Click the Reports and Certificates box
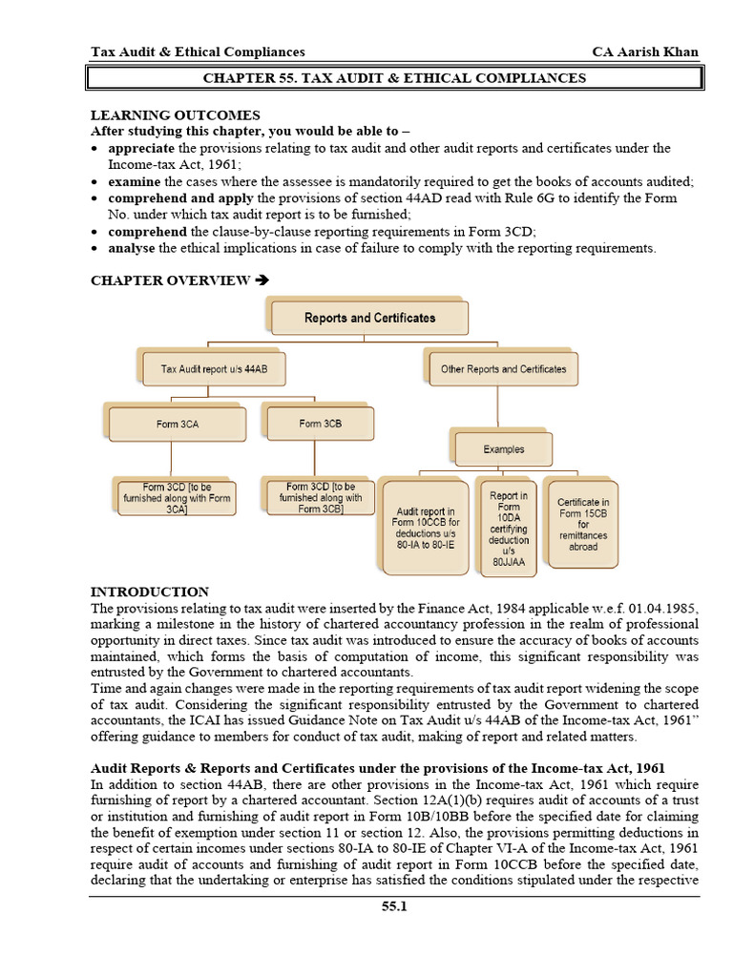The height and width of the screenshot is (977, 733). click(x=369, y=318)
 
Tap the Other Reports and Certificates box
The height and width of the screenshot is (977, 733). click(x=503, y=368)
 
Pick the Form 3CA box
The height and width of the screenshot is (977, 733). click(x=178, y=424)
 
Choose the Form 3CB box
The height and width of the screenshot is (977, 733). click(x=320, y=424)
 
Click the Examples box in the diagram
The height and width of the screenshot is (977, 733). click(x=503, y=448)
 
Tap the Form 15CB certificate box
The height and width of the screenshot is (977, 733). click(x=583, y=524)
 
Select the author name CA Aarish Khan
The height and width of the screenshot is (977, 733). click(x=645, y=52)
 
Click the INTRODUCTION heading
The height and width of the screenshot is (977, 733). click(x=150, y=592)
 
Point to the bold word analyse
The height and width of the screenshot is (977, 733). click(x=132, y=248)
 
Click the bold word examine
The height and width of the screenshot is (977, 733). click(x=135, y=181)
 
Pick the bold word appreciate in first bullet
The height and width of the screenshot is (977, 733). click(x=141, y=148)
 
